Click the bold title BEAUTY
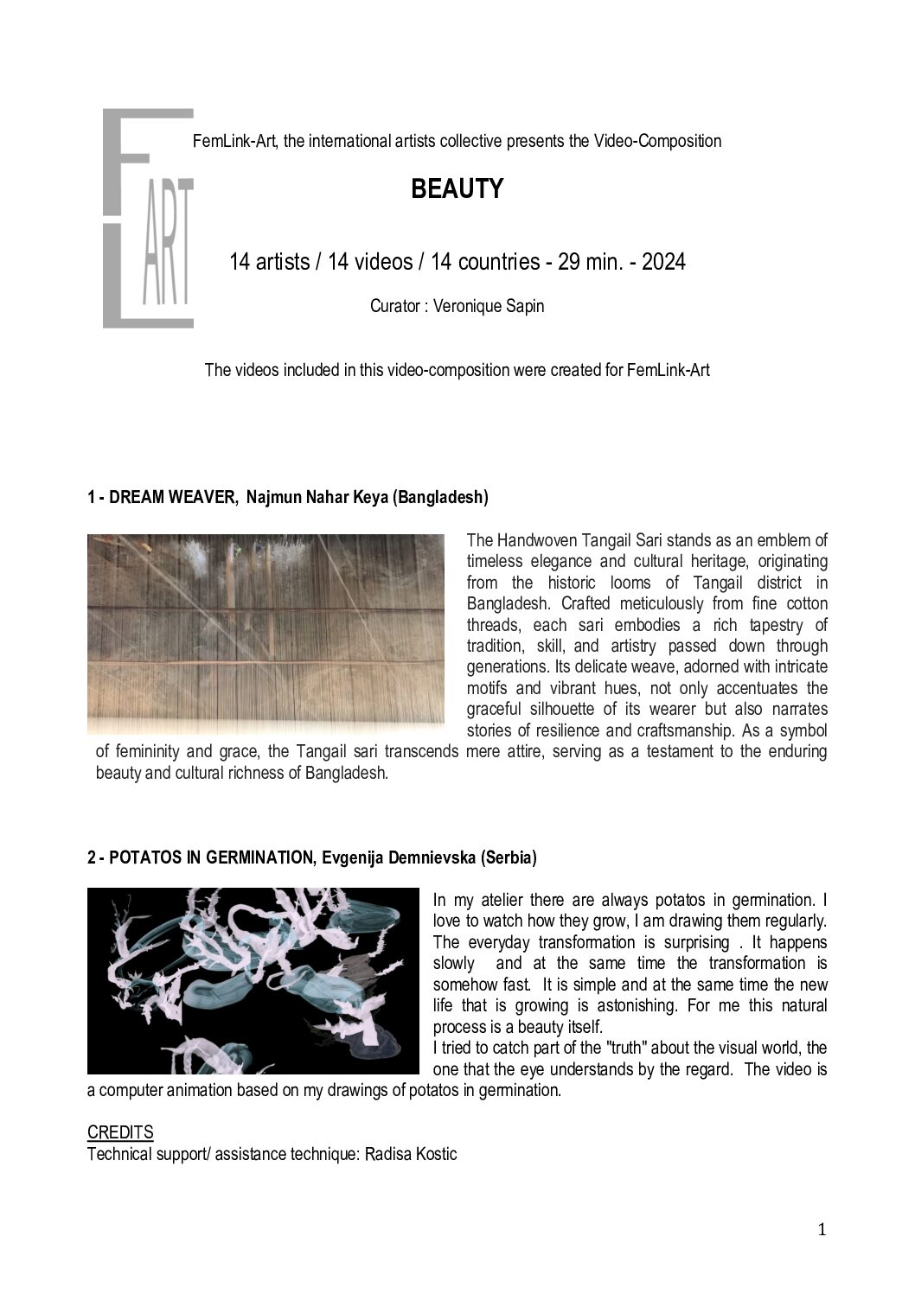457,189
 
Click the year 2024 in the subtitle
663,262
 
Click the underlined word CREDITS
120,1132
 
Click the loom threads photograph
266,634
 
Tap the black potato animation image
253,981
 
